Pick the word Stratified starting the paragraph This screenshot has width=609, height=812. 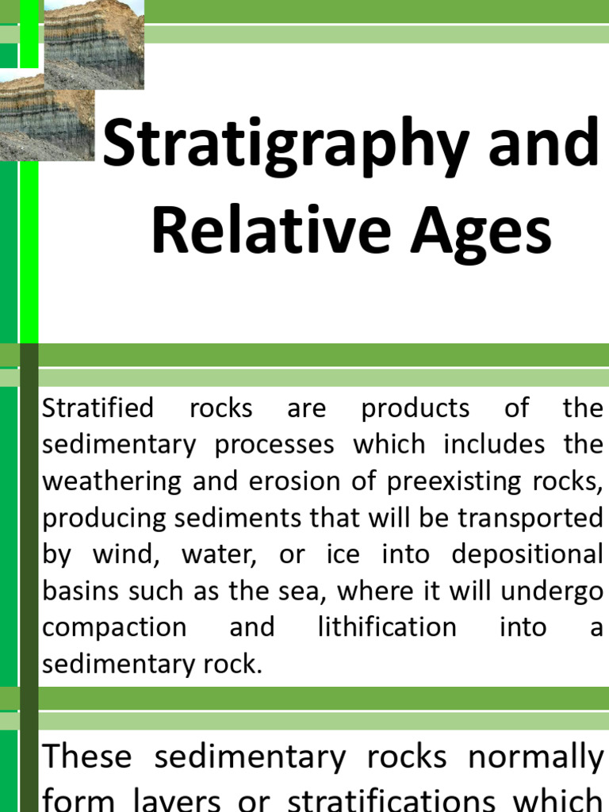point(98,408)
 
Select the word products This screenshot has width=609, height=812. point(415,408)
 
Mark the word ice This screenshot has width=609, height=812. point(343,554)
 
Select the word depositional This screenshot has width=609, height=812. point(527,554)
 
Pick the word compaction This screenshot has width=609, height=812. point(113,628)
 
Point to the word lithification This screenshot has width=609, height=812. point(387,627)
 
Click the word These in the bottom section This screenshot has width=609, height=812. point(87,756)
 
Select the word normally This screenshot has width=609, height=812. point(535,758)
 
